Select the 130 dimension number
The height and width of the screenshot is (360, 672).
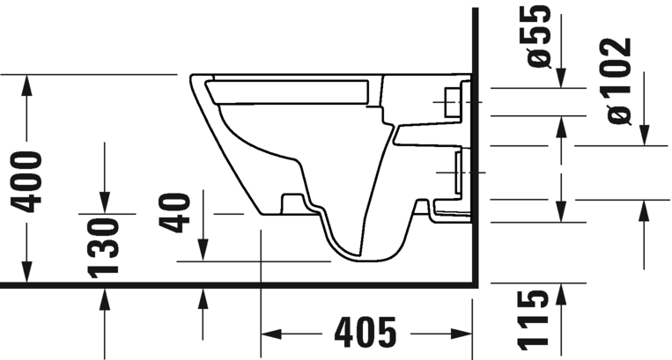105,246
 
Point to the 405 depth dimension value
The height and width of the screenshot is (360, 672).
366,333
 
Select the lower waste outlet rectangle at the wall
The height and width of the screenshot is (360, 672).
458,172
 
